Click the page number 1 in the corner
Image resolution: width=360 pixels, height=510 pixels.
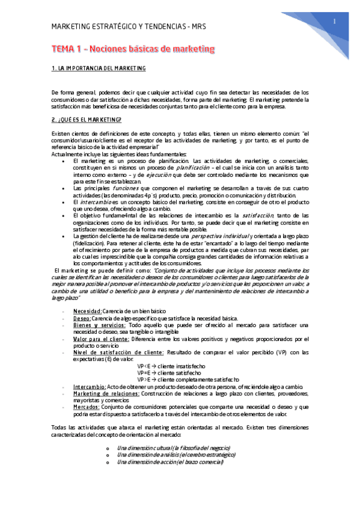[x=334, y=22]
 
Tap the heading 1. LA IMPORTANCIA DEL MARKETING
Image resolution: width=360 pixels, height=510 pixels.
[x=99, y=69]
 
